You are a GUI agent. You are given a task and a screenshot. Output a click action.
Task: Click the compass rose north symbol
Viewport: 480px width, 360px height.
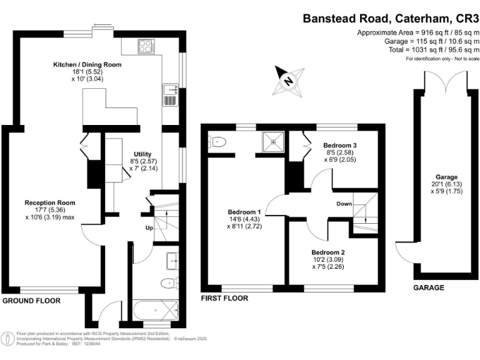[288, 79]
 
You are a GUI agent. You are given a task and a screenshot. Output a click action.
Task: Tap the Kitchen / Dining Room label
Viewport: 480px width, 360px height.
[87, 64]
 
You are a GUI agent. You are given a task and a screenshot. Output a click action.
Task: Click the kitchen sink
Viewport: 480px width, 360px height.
[170, 96]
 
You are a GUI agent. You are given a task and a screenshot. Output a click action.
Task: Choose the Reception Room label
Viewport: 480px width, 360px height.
[50, 202]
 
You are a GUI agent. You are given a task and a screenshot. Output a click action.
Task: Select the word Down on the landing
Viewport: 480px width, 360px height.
[344, 204]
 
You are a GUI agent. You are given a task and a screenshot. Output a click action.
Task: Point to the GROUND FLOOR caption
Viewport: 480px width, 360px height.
[32, 301]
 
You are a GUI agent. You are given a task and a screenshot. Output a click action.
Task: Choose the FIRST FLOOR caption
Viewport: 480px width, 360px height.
[224, 298]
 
